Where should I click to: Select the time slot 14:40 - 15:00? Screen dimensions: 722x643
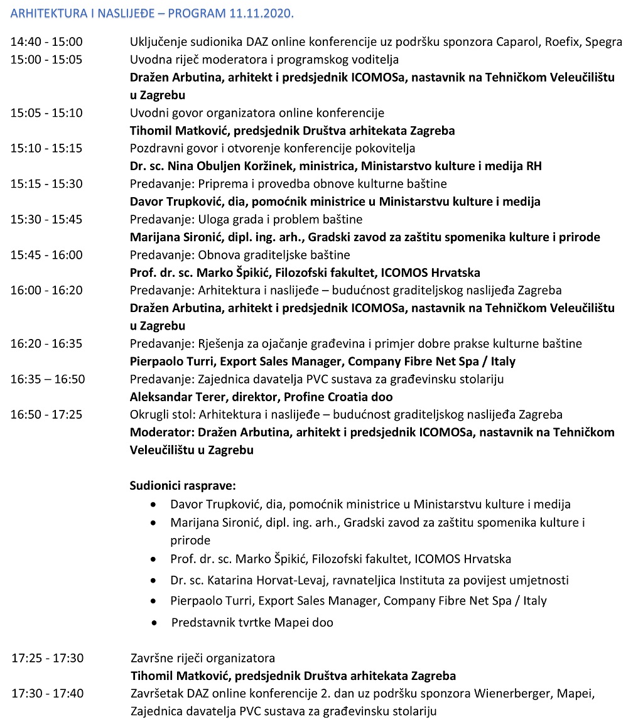point(46,42)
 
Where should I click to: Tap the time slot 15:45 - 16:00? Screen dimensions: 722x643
point(46,255)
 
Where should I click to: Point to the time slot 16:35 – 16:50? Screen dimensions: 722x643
point(48,379)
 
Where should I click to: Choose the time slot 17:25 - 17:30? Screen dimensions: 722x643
point(48,659)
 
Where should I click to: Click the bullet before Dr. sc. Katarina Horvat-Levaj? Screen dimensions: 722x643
point(154,581)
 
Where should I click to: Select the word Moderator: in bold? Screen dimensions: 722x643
point(162,433)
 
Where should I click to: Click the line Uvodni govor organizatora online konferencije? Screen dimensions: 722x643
point(257,113)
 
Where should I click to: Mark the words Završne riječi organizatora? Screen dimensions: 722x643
point(203,659)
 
